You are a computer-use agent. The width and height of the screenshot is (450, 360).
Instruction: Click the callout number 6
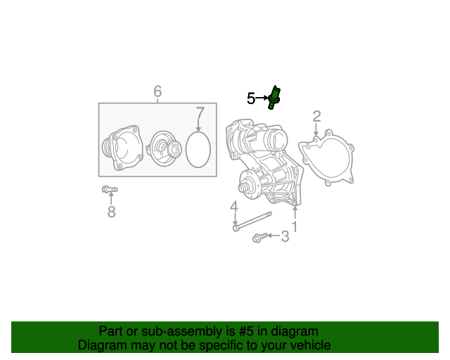(x=157, y=91)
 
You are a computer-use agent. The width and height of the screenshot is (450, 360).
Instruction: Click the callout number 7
(x=200, y=113)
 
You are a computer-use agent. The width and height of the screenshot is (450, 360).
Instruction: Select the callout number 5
(x=251, y=98)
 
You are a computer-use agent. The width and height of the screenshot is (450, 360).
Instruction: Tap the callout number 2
(x=316, y=116)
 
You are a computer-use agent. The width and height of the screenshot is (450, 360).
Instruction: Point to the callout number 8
(x=111, y=211)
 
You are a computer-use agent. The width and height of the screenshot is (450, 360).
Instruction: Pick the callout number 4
(x=233, y=207)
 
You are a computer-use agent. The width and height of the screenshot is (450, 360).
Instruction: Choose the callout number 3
(x=285, y=237)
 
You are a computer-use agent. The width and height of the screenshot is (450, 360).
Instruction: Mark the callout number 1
(x=295, y=226)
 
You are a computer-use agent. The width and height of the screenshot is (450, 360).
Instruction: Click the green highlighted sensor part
(x=275, y=97)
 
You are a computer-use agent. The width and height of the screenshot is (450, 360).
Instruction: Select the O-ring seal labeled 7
(x=199, y=150)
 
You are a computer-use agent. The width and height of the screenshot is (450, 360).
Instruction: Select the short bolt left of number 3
(x=259, y=238)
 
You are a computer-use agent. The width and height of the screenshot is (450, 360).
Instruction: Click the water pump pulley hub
(x=247, y=187)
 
